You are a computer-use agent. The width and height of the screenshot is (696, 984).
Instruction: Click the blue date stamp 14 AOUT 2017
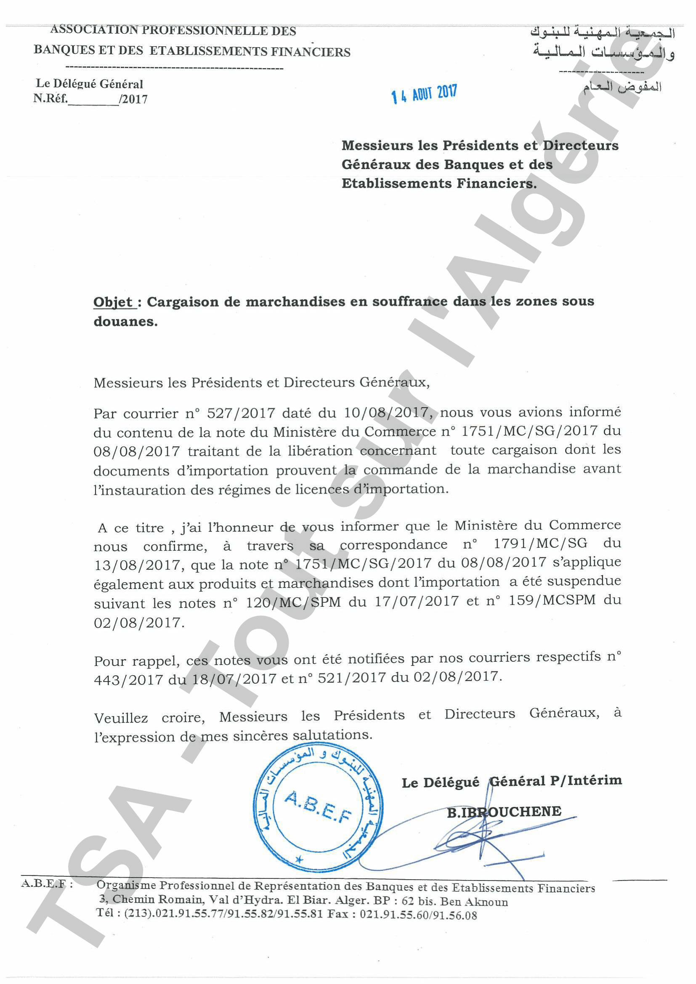(x=424, y=94)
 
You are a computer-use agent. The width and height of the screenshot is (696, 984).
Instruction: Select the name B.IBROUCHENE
(x=504, y=812)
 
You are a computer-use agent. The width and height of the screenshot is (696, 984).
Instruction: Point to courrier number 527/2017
(x=241, y=413)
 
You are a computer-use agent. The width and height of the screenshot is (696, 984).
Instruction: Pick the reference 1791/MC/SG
(x=540, y=544)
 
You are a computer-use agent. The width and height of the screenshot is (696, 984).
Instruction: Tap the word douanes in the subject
(x=125, y=321)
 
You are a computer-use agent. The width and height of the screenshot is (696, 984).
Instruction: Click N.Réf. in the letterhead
(x=50, y=98)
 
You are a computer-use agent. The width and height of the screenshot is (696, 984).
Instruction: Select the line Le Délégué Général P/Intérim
(x=512, y=781)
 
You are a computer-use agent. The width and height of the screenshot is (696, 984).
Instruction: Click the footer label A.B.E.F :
(x=46, y=884)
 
